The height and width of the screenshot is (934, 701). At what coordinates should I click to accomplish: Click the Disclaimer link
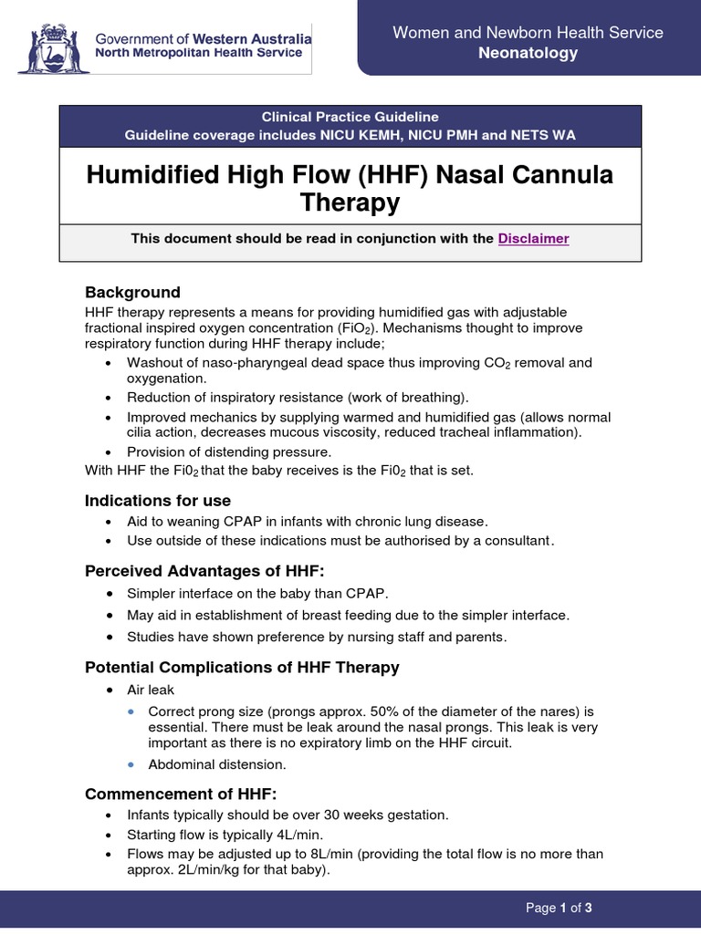533,238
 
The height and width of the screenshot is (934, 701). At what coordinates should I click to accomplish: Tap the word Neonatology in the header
528,53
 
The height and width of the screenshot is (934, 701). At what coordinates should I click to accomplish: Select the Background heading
132,292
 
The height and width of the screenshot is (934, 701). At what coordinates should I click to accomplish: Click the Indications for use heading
158,500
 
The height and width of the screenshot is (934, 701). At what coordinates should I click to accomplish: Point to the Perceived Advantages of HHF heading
204,570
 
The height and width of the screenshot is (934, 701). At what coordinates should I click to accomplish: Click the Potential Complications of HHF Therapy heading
242,667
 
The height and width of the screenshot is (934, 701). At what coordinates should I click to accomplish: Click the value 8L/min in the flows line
315,854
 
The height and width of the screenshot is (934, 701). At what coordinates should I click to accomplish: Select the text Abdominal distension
217,764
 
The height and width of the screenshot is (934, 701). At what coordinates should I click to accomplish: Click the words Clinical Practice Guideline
350,117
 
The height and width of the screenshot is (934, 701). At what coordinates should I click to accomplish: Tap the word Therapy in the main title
350,202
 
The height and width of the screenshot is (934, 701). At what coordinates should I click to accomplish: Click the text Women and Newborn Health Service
528,33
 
